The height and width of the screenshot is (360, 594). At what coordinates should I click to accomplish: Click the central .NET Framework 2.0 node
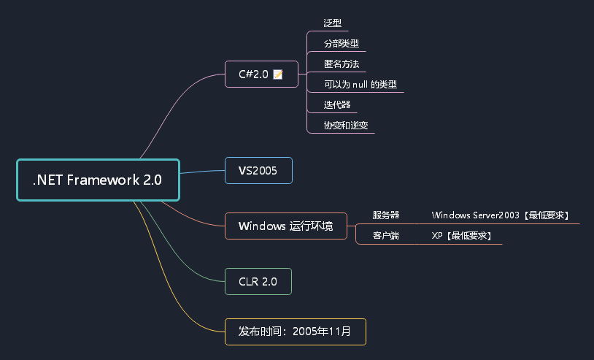click(x=98, y=180)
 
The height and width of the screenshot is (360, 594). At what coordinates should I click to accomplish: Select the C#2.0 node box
click(x=261, y=74)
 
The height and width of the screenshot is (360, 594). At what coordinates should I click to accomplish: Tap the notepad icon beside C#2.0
click(x=277, y=74)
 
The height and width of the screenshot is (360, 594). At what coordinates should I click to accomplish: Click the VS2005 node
click(x=258, y=170)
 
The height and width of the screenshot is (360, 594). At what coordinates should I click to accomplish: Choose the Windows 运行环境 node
click(x=285, y=226)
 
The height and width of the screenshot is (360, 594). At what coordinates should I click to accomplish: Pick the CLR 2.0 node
click(x=258, y=281)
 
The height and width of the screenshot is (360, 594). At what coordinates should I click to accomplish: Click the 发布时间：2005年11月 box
click(x=295, y=331)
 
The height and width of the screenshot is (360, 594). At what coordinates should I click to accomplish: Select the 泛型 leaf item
click(x=333, y=23)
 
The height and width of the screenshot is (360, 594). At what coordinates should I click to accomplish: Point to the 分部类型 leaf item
click(x=342, y=43)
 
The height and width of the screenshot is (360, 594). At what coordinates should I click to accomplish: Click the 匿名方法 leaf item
click(x=342, y=64)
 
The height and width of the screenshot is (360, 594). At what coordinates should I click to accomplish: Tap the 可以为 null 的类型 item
click(x=360, y=84)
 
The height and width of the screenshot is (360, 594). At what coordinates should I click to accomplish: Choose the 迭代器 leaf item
click(x=337, y=104)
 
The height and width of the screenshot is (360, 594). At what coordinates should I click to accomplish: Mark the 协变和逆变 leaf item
click(x=346, y=125)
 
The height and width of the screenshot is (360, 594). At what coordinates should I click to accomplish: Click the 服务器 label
click(x=386, y=215)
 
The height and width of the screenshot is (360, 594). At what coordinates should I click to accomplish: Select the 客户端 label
click(x=386, y=235)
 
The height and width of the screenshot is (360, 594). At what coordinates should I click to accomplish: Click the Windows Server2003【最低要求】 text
click(x=501, y=215)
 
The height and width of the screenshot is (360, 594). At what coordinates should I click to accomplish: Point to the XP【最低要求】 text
click(x=461, y=235)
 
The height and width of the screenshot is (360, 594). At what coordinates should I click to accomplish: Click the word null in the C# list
click(x=360, y=84)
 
